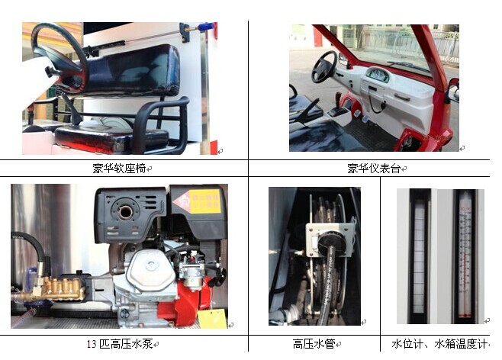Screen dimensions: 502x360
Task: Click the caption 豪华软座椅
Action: [x=119, y=169]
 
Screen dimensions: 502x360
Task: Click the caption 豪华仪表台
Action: [x=374, y=169]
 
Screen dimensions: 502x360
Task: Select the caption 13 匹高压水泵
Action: [x=120, y=344]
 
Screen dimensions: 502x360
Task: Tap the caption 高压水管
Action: [x=314, y=344]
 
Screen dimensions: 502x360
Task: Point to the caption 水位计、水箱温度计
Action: [x=439, y=344]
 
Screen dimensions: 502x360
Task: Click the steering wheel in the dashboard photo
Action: [x=324, y=67]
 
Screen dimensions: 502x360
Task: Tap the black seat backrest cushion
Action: [x=128, y=70]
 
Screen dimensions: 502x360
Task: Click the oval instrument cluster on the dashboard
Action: [x=378, y=75]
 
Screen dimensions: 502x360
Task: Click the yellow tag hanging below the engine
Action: [x=212, y=318]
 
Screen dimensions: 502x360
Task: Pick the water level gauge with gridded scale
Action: [x=419, y=256]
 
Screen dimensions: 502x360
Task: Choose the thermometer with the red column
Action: [x=465, y=256]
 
